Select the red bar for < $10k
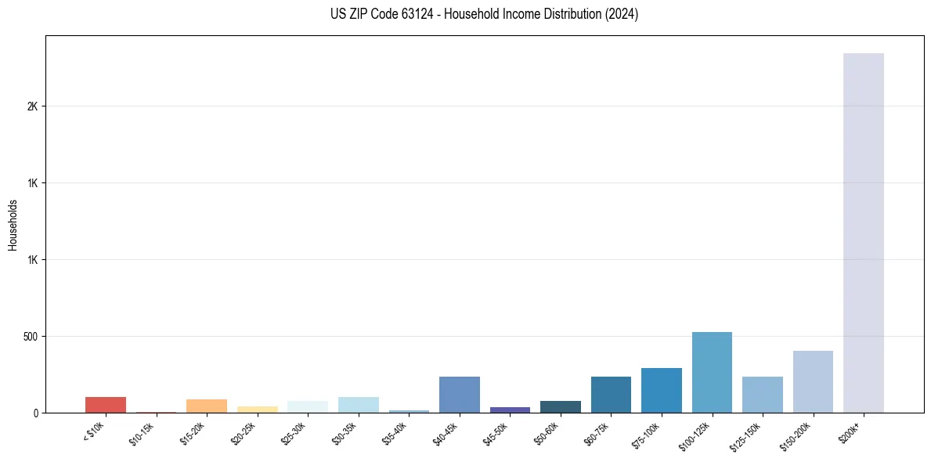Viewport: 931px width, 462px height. [x=106, y=405]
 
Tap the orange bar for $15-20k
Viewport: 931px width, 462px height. [x=207, y=406]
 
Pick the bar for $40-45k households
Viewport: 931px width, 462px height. [x=460, y=395]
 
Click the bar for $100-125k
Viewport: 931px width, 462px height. [x=712, y=373]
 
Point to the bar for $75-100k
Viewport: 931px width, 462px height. [x=662, y=391]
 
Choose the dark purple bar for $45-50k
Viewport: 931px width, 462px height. [x=510, y=410]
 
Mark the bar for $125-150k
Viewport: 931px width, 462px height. [x=763, y=395]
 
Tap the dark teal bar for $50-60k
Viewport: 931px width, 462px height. [x=561, y=406]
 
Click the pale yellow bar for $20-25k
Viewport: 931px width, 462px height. [x=258, y=410]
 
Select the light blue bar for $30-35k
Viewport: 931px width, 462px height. [x=359, y=405]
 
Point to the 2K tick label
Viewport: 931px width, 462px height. [x=32, y=106]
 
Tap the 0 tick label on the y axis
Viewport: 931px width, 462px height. [x=35, y=413]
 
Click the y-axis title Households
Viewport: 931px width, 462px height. [x=13, y=225]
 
